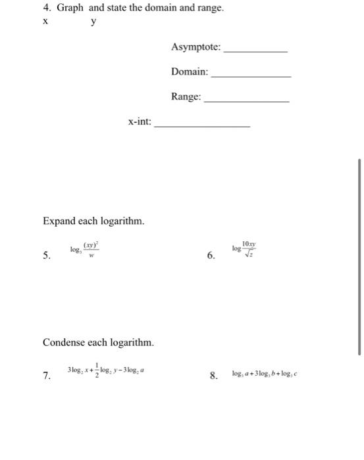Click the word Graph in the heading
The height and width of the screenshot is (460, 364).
[x=70, y=9]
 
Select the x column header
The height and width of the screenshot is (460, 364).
[x=45, y=21]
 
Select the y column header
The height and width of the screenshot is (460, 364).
[x=93, y=21]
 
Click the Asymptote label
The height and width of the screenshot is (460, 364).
[x=196, y=47]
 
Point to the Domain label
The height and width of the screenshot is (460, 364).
[x=190, y=72]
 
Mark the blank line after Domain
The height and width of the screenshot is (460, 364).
[x=251, y=76]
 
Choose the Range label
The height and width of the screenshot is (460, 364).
[x=186, y=97]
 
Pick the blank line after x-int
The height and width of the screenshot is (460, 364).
[x=202, y=126]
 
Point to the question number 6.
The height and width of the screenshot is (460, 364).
[x=211, y=256]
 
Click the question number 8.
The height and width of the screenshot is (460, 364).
[x=213, y=377]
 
